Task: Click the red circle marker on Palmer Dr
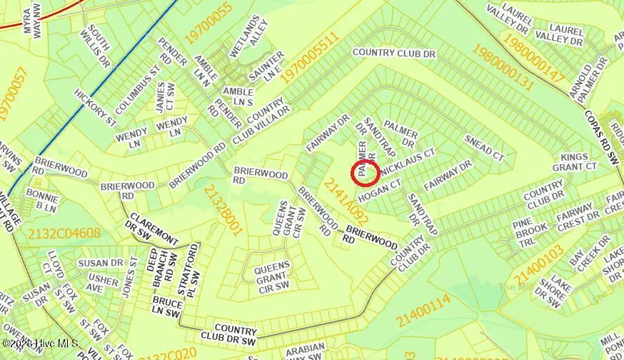[x=366, y=173]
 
